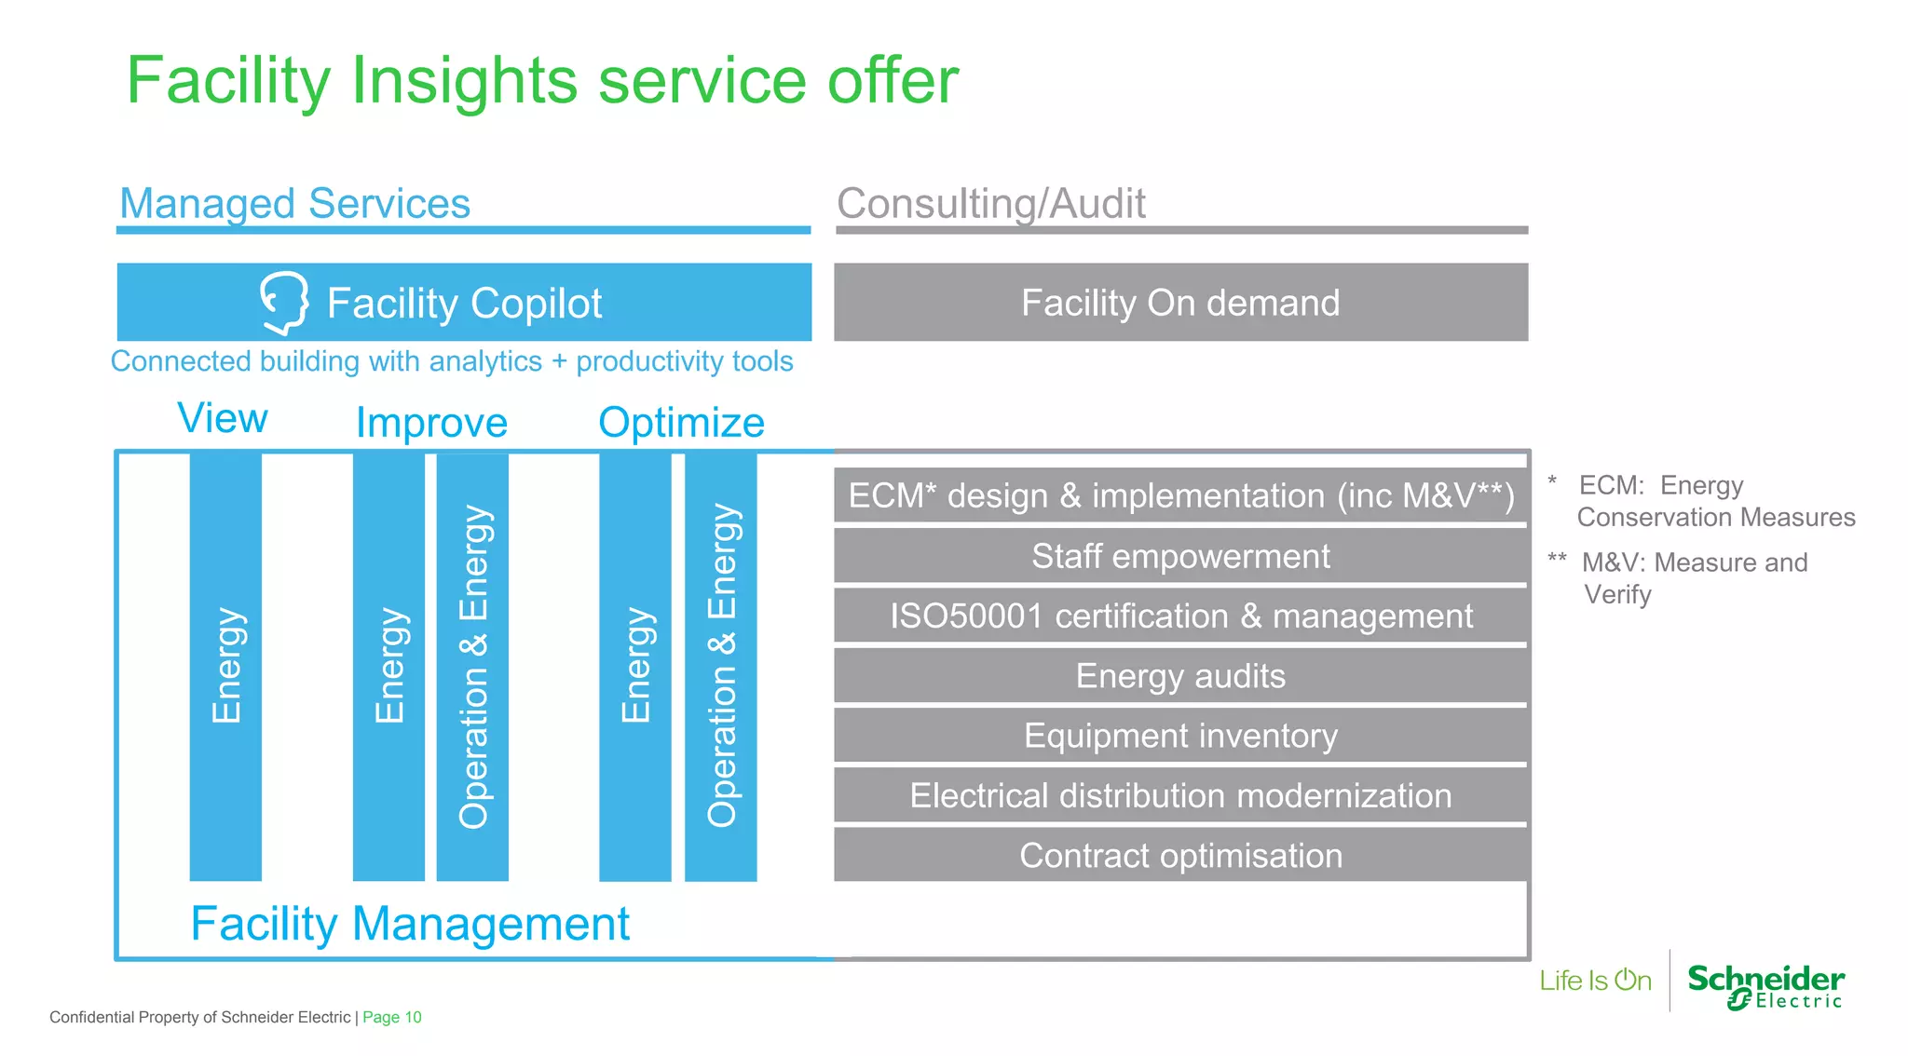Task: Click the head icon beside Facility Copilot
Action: (x=284, y=303)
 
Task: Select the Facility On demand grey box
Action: (x=1180, y=303)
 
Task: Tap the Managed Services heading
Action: (x=294, y=203)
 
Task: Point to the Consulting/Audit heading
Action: (x=990, y=203)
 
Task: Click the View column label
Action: (x=223, y=418)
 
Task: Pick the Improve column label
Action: (x=431, y=423)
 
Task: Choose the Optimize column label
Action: (x=681, y=423)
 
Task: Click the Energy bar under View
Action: (x=225, y=666)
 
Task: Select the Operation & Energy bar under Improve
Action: (x=472, y=666)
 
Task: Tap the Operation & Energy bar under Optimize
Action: (x=721, y=666)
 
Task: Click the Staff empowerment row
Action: (x=1180, y=556)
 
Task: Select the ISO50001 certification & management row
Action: (x=1180, y=616)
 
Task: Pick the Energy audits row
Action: (x=1180, y=676)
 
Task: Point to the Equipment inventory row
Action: (x=1180, y=736)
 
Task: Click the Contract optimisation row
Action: (x=1180, y=855)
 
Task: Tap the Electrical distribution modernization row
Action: (x=1180, y=795)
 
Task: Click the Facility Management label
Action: (x=410, y=924)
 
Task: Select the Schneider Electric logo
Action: (x=1765, y=986)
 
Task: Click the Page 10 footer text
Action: (x=391, y=1017)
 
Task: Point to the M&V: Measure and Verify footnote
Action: (x=1694, y=577)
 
